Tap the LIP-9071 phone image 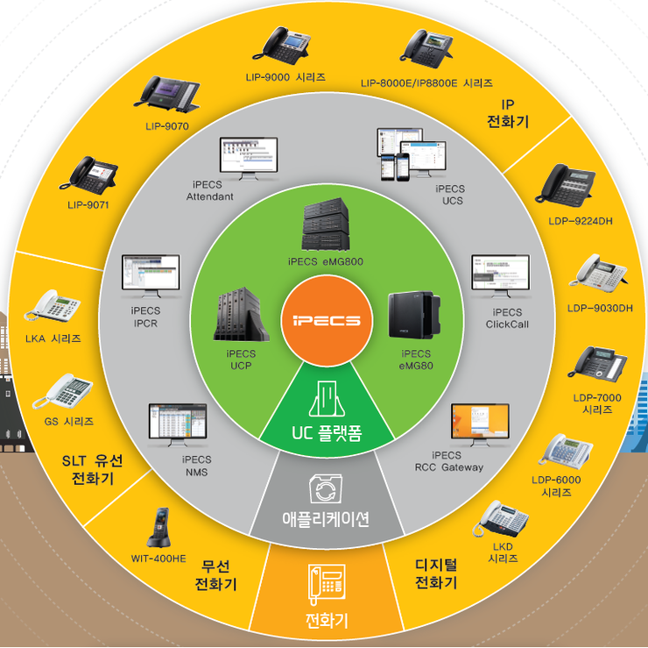(94, 175)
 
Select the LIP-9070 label (167, 125)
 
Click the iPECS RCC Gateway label (448, 461)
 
